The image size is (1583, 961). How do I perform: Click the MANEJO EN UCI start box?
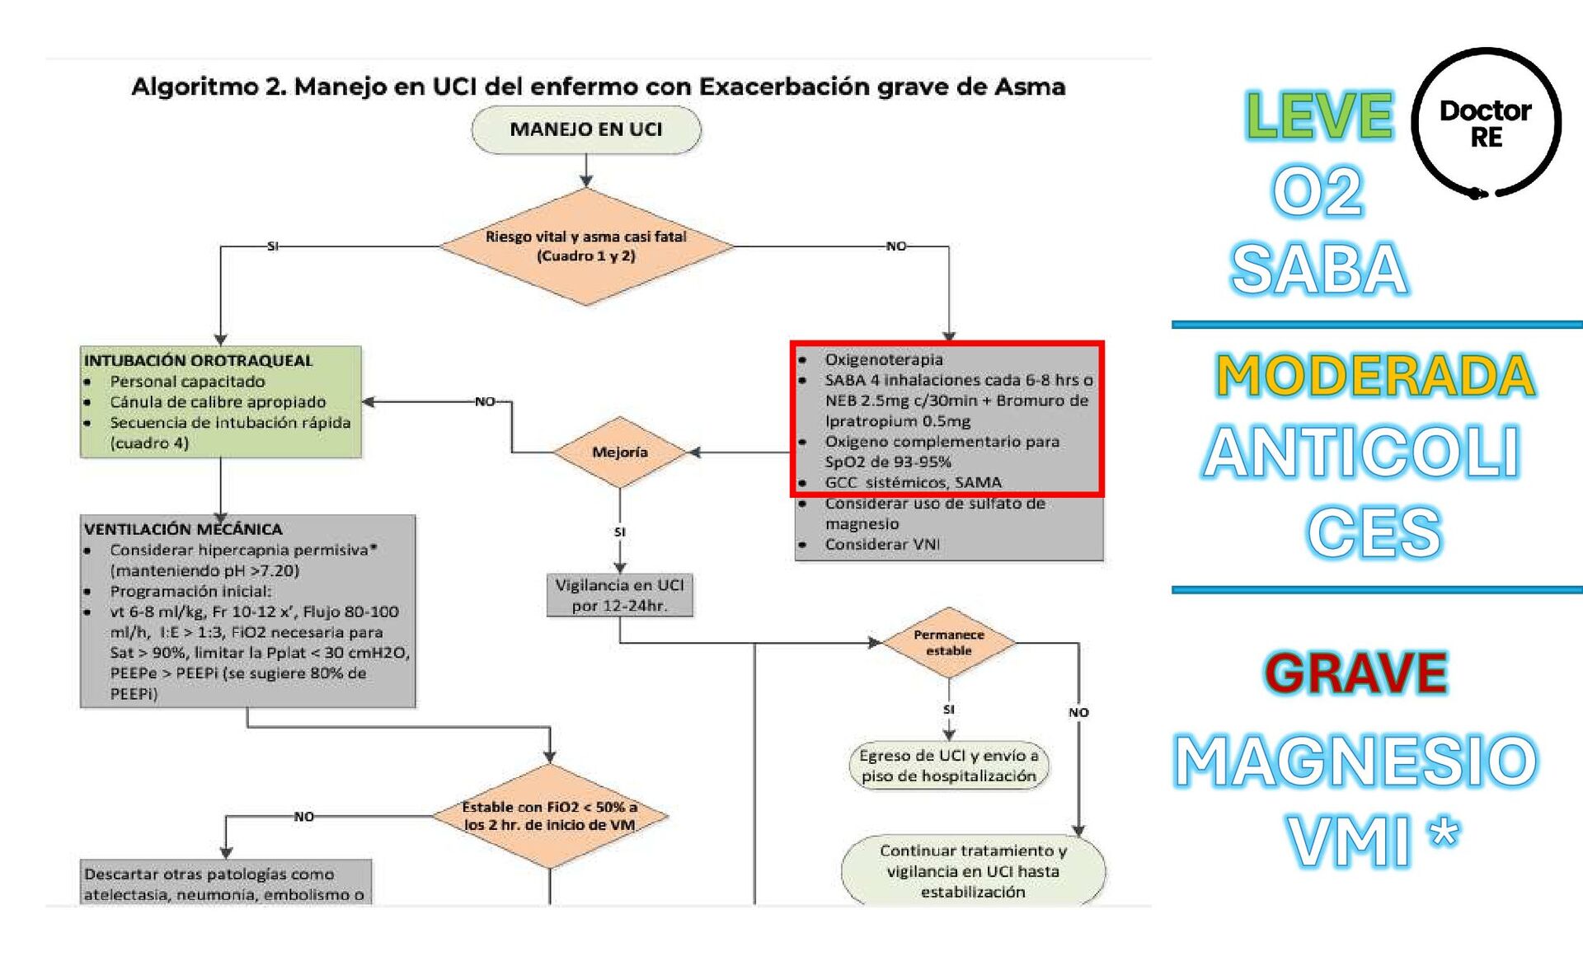coord(586,129)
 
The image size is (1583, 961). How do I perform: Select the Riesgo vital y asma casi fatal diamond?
coord(586,246)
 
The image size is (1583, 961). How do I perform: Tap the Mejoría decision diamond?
coord(620,452)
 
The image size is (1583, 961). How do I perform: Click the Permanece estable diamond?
coord(948,643)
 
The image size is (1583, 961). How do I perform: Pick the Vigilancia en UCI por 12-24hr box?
coord(620,595)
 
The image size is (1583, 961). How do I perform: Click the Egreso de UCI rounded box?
coord(949,766)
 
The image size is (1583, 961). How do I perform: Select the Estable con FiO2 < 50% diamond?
coord(550,816)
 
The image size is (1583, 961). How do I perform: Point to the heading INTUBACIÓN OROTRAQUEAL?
coord(198,360)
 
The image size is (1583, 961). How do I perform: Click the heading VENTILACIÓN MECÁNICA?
coord(183,528)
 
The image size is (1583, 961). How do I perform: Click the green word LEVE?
coord(1318,115)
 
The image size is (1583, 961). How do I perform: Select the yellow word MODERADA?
coord(1374,376)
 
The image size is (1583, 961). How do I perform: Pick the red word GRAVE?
coord(1356,673)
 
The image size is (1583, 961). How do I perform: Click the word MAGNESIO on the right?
coord(1355,762)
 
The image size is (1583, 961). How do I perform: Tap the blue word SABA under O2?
coord(1318,269)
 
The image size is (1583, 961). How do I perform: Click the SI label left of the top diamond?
coord(273,246)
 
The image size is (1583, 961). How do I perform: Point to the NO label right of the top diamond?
coord(895,246)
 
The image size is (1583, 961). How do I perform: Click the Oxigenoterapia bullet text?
coord(884,359)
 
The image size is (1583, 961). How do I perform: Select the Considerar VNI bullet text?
coord(882,544)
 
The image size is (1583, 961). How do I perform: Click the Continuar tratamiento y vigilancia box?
coord(973,871)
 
